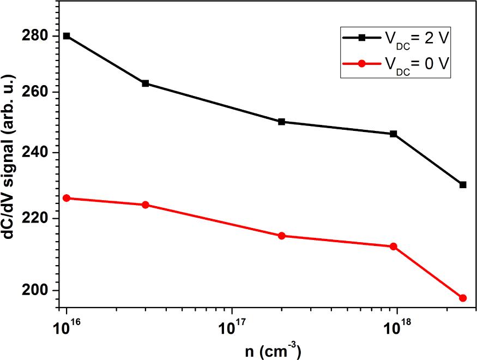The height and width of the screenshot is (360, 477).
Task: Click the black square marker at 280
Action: pyautogui.click(x=67, y=36)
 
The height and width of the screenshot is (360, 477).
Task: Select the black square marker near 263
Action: pyautogui.click(x=146, y=83)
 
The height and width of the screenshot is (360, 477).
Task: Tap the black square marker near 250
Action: pyautogui.click(x=281, y=122)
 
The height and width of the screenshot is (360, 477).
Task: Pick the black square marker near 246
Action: pyautogui.click(x=394, y=134)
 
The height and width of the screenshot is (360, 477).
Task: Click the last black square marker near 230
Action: pyautogui.click(x=463, y=185)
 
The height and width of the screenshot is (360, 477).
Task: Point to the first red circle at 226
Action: pyautogui.click(x=67, y=198)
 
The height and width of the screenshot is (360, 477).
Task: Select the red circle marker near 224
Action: pyautogui.click(x=146, y=205)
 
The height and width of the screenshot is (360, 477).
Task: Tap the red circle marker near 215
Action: pyautogui.click(x=281, y=236)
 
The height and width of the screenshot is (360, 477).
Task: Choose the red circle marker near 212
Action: pyautogui.click(x=394, y=247)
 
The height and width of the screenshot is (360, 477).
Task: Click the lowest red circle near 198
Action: pyautogui.click(x=463, y=298)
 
